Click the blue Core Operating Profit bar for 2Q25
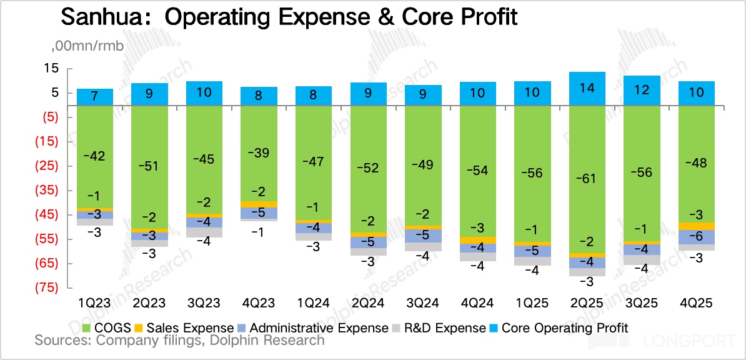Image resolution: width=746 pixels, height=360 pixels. click(587, 89)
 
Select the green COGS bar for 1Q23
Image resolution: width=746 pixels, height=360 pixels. click(95, 156)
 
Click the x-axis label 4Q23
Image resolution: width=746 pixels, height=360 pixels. click(259, 303)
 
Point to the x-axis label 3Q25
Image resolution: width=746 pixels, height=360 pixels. click(642, 303)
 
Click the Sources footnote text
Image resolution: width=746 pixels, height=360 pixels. click(179, 341)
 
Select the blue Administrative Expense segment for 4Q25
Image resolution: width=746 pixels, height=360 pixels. click(697, 237)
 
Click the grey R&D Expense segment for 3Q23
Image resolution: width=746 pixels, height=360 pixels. click(204, 232)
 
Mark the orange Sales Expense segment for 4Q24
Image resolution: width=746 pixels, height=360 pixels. click(478, 240)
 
